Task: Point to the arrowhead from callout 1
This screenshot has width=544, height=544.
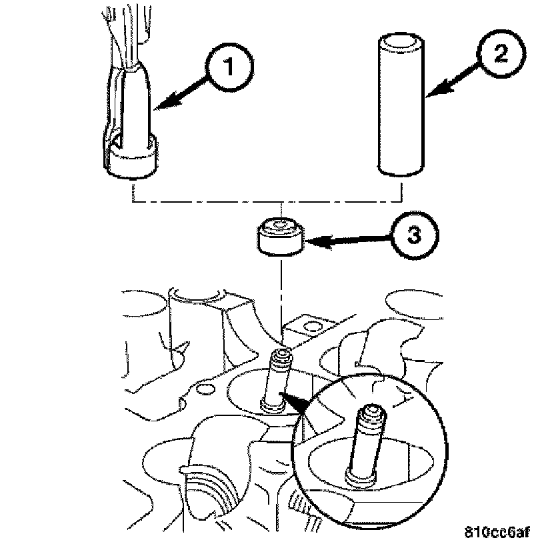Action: (x=159, y=105)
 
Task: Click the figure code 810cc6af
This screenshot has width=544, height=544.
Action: (x=498, y=532)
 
